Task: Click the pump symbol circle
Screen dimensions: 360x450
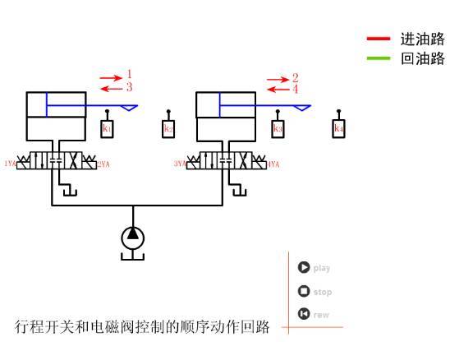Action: click(132, 237)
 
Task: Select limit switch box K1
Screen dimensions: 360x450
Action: click(107, 129)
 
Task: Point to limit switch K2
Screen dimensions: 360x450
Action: click(168, 129)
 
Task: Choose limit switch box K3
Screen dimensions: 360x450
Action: click(278, 129)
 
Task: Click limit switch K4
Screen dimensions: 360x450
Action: click(338, 129)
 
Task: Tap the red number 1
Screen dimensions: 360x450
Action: click(129, 75)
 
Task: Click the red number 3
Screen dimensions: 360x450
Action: click(129, 86)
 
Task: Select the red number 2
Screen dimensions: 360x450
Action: click(295, 77)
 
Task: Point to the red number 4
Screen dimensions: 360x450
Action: click(295, 88)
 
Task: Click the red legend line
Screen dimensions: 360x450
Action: click(379, 39)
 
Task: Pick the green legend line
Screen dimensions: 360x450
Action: click(379, 58)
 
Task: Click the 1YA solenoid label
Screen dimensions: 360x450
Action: click(10, 164)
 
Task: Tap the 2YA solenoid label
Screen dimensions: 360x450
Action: click(103, 164)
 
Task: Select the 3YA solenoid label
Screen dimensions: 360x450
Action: click(179, 164)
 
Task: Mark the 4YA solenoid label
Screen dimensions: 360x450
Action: click(274, 164)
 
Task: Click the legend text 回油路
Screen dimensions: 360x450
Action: click(422, 58)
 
